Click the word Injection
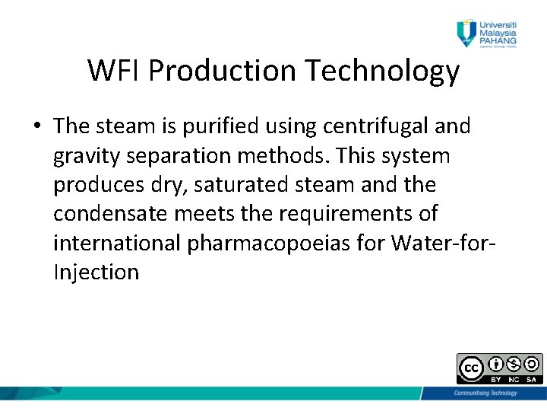click(96, 272)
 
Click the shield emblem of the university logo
click(465, 31)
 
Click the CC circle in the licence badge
click(470, 368)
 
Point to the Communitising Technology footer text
click(485, 393)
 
